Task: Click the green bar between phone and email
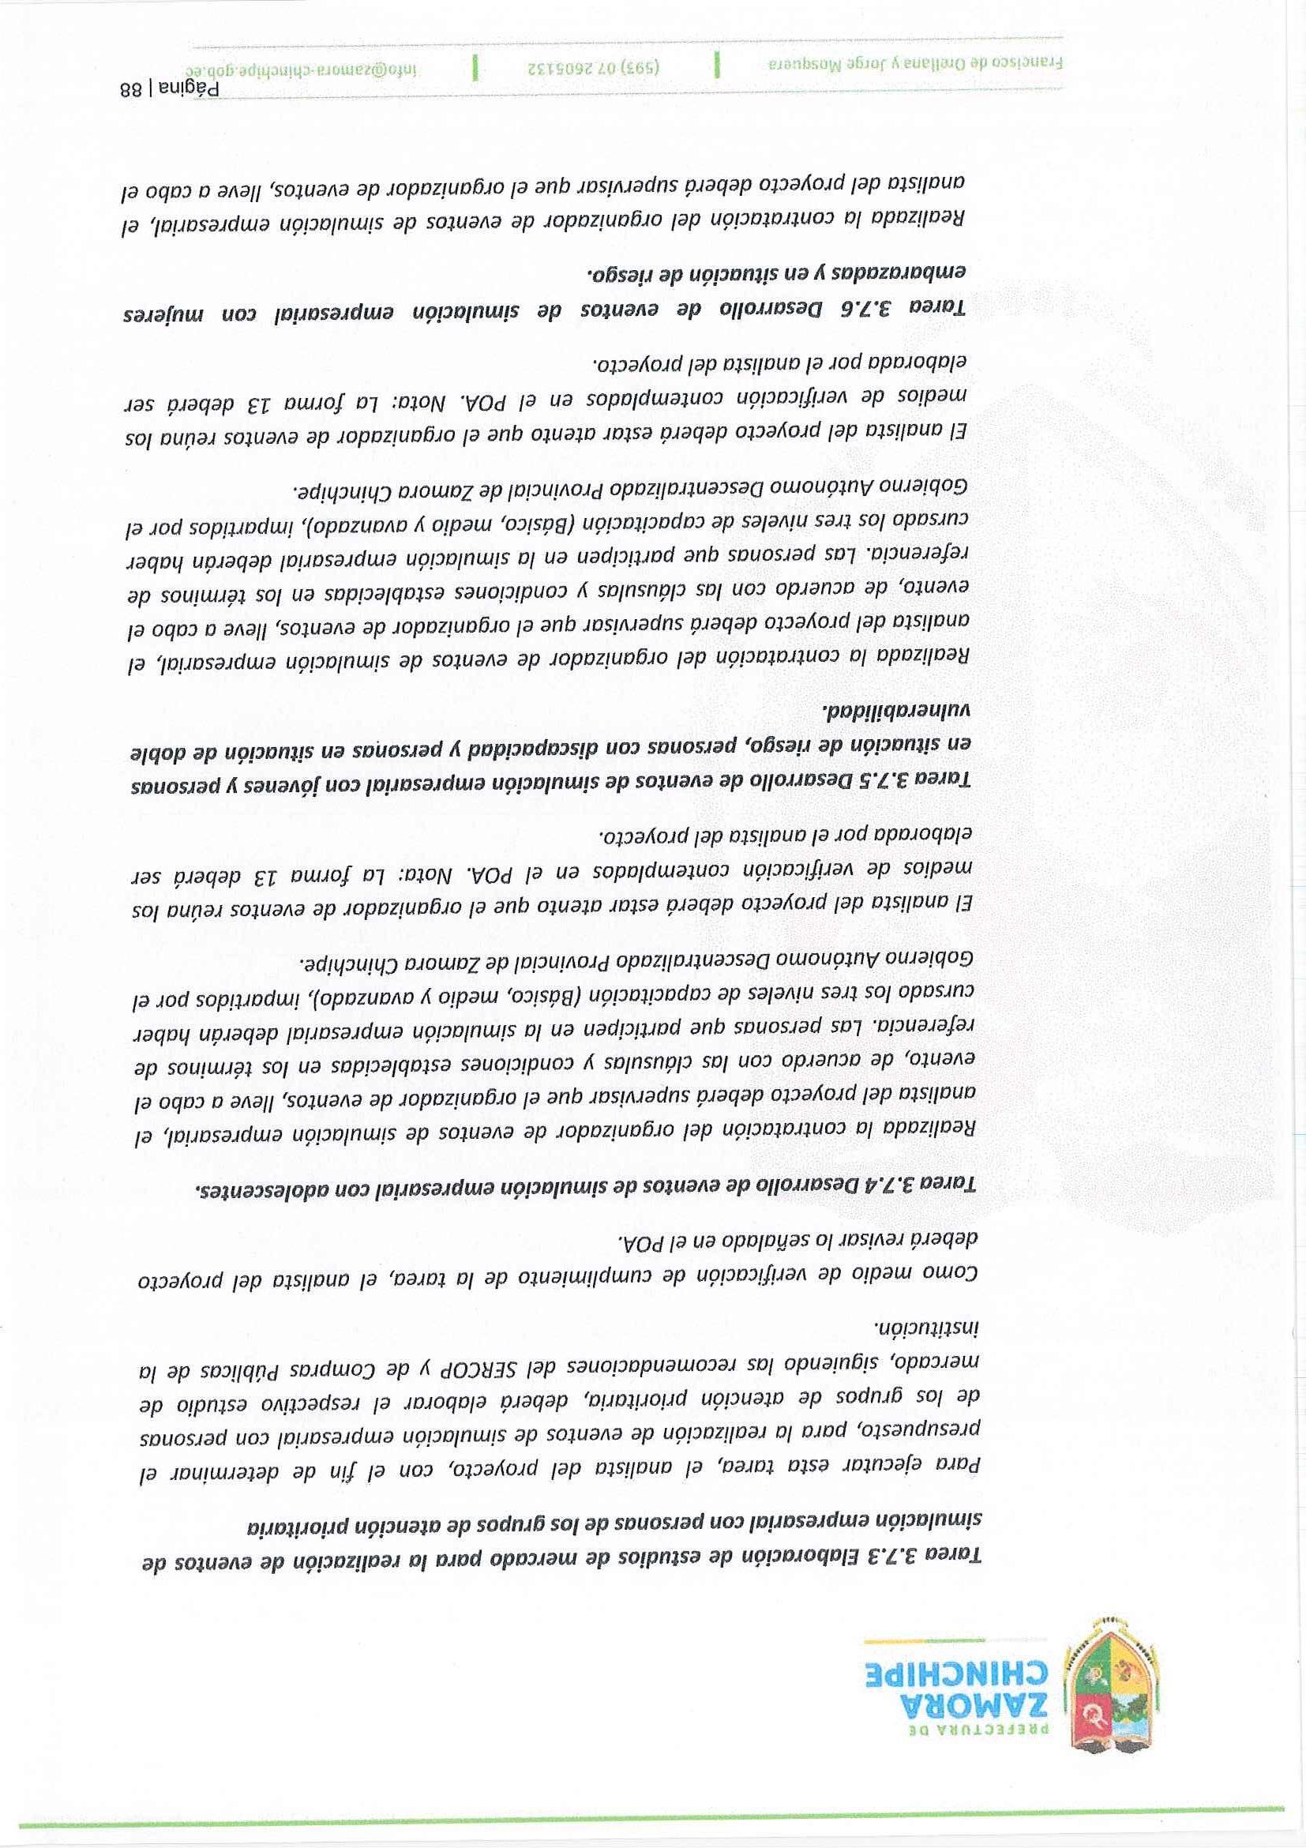tap(475, 67)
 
